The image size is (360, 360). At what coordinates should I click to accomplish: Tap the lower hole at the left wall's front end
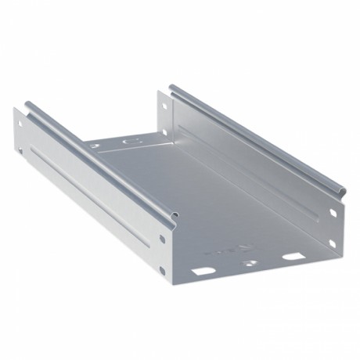[162, 270]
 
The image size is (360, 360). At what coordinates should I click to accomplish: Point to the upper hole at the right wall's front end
[333, 213]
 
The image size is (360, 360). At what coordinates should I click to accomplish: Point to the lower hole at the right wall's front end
[332, 243]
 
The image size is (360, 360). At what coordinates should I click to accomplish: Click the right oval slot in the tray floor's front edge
[293, 255]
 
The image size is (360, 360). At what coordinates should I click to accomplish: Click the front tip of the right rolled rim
[338, 190]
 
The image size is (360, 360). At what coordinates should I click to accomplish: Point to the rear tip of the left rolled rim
[28, 104]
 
